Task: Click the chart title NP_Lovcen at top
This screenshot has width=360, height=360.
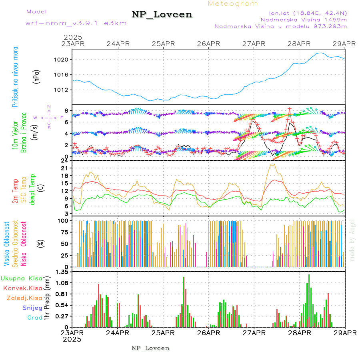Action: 162,14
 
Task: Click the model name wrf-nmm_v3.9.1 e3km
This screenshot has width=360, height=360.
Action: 76,23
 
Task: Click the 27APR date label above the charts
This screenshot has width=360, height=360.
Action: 254,43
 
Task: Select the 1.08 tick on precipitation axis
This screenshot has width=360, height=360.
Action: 62,283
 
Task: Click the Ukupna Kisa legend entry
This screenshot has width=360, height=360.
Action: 22,278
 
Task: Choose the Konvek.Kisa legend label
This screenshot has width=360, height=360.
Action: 22,288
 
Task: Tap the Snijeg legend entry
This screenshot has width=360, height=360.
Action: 32,308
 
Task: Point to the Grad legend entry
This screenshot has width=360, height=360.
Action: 34,318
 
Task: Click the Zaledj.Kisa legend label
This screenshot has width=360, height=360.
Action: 24,298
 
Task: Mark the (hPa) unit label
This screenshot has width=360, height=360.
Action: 36,76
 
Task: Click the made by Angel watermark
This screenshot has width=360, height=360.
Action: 352,239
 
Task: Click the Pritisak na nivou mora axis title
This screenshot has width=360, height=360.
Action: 15,76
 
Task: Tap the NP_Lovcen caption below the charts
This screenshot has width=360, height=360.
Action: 150,348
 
